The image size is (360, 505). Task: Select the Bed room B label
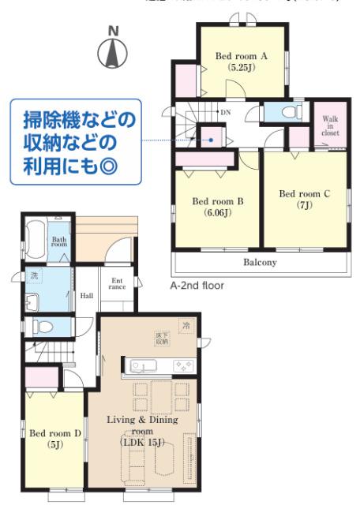coord(218,206)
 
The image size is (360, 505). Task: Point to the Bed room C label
coord(304,198)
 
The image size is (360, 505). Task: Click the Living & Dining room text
coord(143,425)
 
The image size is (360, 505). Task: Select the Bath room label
coord(59,241)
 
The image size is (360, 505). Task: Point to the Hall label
coord(87,296)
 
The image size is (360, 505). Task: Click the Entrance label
coord(117,283)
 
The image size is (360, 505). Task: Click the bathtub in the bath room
coord(36,236)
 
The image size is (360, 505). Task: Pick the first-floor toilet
coord(43,327)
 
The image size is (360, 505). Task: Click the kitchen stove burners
coord(183,365)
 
